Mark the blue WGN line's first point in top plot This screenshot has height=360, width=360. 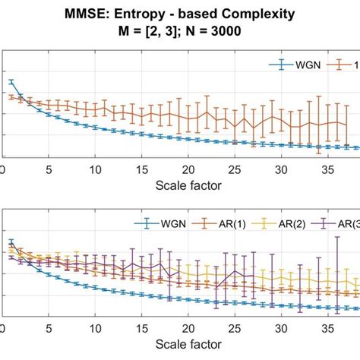click(11, 81)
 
